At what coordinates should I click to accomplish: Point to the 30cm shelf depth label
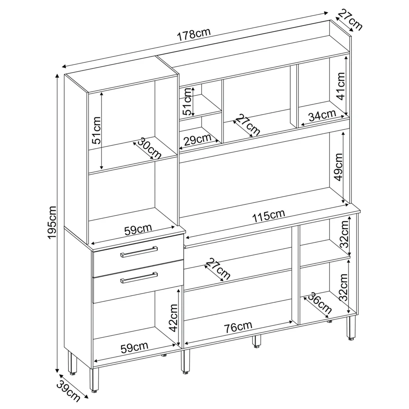pos(149,148)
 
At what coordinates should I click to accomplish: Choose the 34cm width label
pos(322,116)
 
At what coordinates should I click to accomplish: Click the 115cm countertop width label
pos(268,216)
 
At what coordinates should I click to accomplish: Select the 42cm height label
pos(173,317)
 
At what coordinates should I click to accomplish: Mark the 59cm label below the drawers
pos(135,347)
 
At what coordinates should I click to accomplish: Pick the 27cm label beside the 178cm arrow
pos(350,20)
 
